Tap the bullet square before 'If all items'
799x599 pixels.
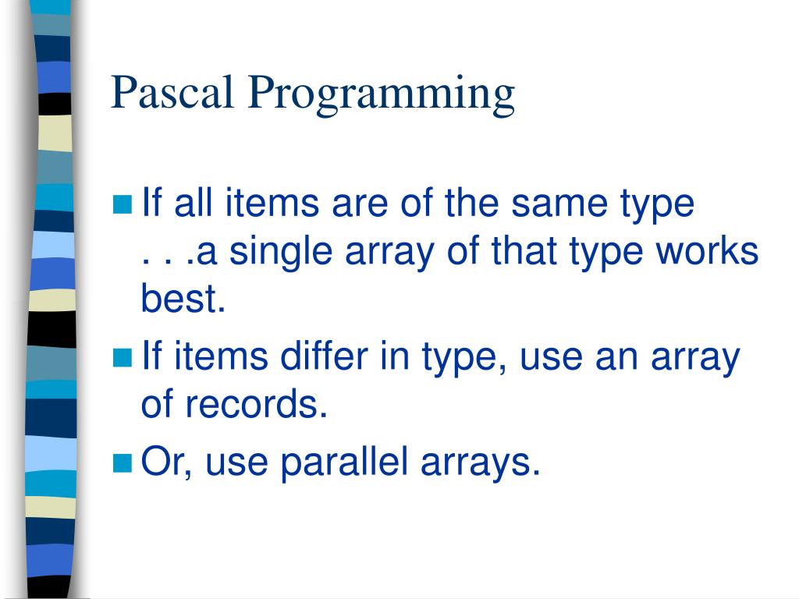(x=123, y=205)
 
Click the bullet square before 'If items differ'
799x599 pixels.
(x=123, y=359)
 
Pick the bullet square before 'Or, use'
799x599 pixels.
(x=123, y=463)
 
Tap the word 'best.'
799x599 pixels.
(x=183, y=300)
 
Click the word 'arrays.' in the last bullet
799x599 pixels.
(x=481, y=465)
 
